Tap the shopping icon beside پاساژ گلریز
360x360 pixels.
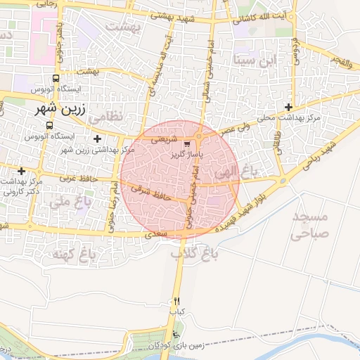click(186, 143)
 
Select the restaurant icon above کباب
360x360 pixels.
click(176, 300)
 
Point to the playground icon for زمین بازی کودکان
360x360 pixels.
click(175, 335)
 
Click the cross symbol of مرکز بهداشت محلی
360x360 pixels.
click(288, 108)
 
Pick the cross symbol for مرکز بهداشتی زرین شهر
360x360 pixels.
click(97, 139)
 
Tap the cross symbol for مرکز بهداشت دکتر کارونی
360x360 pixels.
click(22, 171)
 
